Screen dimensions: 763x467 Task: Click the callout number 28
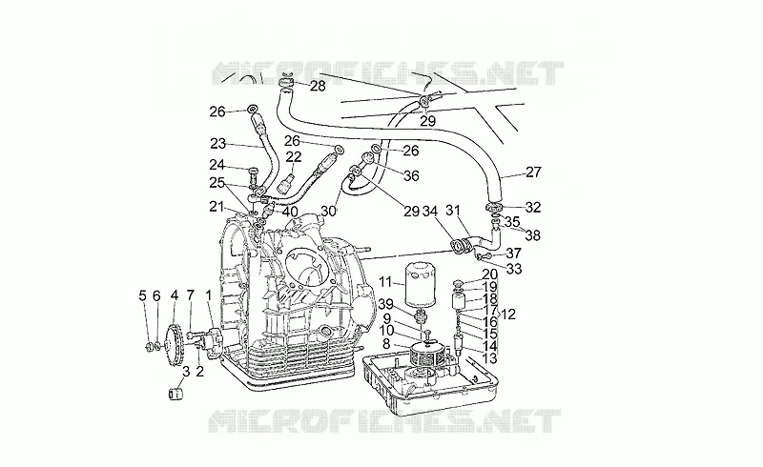[318, 86]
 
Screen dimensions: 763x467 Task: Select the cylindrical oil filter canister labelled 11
[419, 285]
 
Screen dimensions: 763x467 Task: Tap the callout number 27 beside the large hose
[533, 173]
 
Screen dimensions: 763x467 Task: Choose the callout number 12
[507, 315]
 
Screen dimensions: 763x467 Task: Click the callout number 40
[290, 212]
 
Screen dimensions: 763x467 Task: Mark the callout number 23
[218, 144]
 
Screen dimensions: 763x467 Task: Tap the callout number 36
[411, 175]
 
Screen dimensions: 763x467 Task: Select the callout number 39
[386, 304]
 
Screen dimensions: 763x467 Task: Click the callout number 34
[430, 212]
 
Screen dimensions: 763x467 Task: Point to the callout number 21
[217, 208]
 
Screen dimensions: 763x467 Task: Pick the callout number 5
[142, 295]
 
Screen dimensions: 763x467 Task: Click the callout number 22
[294, 156]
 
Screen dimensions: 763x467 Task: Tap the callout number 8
[386, 344]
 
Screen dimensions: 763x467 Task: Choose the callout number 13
[489, 358]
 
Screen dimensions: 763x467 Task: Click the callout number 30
[328, 212]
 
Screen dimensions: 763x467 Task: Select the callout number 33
[514, 269]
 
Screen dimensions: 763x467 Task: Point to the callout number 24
[217, 165]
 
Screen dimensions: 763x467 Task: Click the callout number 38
[533, 235]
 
